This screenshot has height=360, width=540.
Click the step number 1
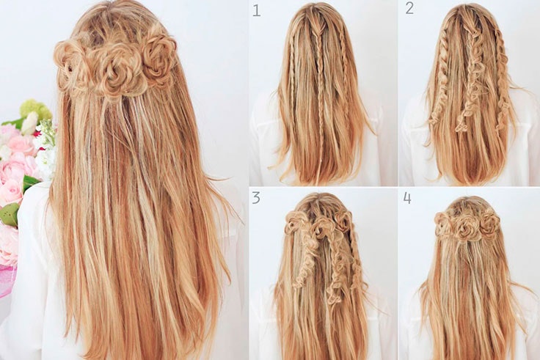257,10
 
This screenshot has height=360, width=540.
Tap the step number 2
409,8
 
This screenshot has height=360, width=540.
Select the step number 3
256,198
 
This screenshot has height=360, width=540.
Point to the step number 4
407,198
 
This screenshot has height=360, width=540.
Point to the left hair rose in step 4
443,220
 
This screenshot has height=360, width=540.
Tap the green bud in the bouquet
10,214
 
